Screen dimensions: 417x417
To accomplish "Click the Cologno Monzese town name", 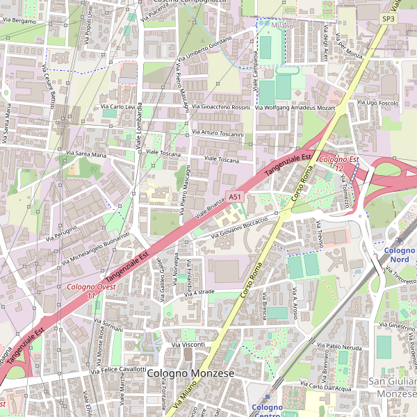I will (x=190, y=374).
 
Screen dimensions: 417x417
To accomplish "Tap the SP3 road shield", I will (x=388, y=19).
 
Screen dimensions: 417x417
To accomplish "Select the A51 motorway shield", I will (x=235, y=197).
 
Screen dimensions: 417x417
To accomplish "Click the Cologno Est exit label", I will (x=339, y=161).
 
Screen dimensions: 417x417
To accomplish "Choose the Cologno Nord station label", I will (x=399, y=254).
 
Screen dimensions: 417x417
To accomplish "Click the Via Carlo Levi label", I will (x=118, y=107).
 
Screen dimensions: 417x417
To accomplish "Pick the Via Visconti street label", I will (x=187, y=345).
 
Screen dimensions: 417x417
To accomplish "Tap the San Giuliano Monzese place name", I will (x=392, y=387).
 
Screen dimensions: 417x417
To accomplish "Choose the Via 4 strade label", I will (x=200, y=293).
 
